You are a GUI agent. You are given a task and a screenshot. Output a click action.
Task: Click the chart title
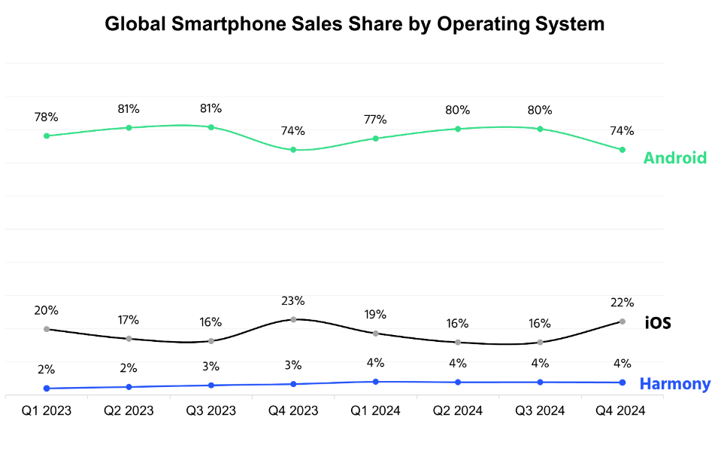tap(354, 24)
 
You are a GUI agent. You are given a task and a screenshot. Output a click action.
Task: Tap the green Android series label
tap(674, 158)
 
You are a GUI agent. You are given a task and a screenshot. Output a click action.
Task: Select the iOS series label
tap(658, 324)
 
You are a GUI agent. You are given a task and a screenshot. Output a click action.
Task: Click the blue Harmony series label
tap(674, 384)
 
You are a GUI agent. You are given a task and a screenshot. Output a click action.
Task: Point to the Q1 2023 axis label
tap(47, 411)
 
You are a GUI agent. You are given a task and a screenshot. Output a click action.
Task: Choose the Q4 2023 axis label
tap(293, 411)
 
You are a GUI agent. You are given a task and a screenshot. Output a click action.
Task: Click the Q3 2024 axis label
tap(540, 411)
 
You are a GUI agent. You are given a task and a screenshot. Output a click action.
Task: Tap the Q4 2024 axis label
tap(620, 411)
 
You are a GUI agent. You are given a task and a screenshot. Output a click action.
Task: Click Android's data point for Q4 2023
tap(293, 150)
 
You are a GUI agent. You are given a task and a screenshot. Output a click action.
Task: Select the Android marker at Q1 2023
tap(47, 136)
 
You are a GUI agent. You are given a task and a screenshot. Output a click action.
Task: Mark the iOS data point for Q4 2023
tap(293, 319)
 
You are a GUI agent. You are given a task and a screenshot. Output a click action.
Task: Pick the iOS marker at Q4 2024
tap(622, 321)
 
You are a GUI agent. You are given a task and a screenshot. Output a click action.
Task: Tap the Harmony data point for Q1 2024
tap(375, 382)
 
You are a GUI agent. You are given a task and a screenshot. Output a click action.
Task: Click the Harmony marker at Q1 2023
tap(47, 389)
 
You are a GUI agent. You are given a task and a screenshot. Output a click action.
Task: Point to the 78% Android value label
tap(47, 117)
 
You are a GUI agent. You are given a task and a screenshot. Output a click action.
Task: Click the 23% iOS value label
tap(293, 301)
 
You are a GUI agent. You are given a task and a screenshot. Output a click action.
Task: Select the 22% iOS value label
tap(622, 303)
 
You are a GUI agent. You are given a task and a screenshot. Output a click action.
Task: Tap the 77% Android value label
tap(375, 120)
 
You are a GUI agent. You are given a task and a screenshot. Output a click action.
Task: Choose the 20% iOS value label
tap(47, 310)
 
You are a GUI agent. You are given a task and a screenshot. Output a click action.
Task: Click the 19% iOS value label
tap(375, 315)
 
